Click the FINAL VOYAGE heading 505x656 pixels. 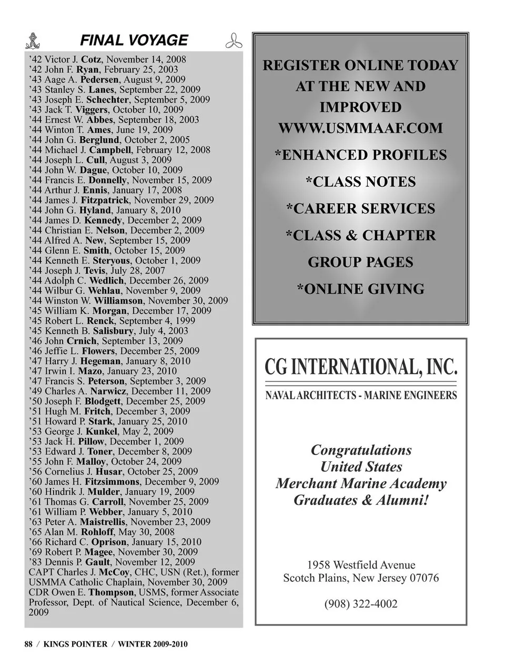pyautogui.click(x=134, y=41)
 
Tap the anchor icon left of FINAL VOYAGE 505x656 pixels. pyautogui.click(x=34, y=41)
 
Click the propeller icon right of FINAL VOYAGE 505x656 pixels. pyautogui.click(x=234, y=41)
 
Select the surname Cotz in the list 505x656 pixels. pyautogui.click(x=92, y=59)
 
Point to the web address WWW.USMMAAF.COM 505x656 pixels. pyautogui.click(x=360, y=128)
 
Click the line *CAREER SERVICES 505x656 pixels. pyautogui.click(x=360, y=209)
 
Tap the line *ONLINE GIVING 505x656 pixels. pyautogui.click(x=360, y=289)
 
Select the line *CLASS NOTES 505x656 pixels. pyautogui.click(x=360, y=182)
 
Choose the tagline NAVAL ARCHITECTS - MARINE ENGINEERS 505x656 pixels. pyautogui.click(x=361, y=395)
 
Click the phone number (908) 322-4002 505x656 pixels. pyautogui.click(x=361, y=603)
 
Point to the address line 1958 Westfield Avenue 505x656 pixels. pyautogui.click(x=361, y=565)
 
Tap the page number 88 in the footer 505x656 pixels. pyautogui.click(x=28, y=644)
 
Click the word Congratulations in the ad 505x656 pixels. pyautogui.click(x=361, y=450)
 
